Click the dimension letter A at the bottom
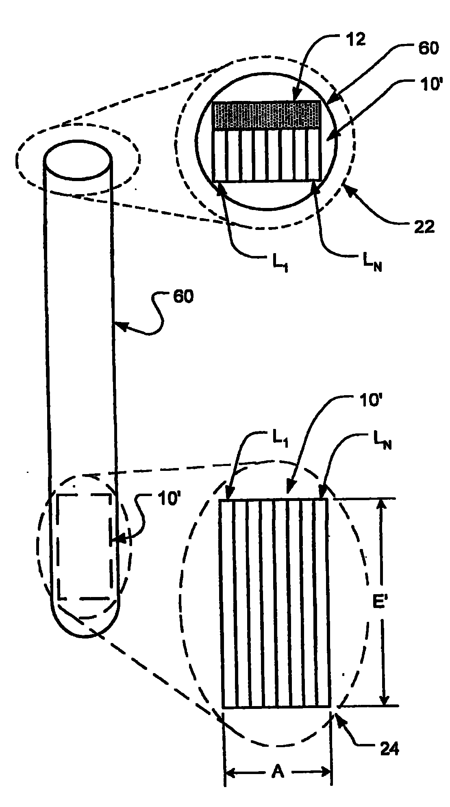278,772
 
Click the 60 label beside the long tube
183,297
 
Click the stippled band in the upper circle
266,116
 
